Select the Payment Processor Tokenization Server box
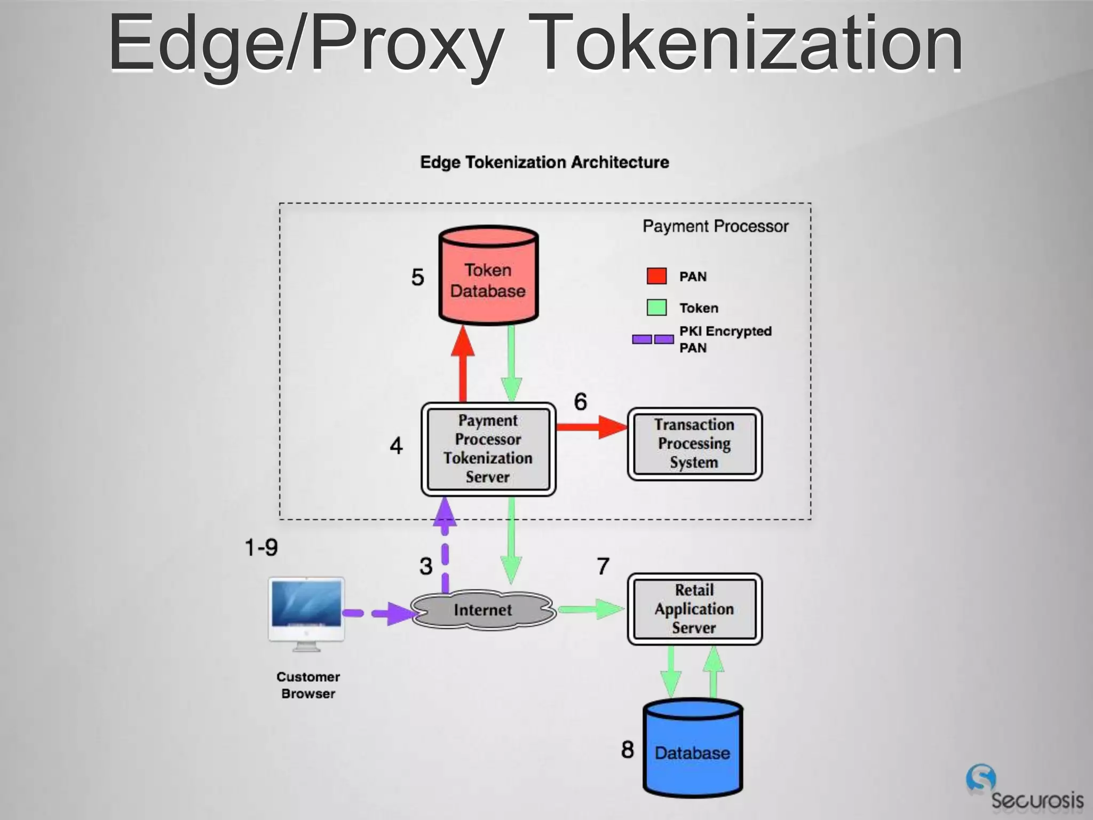click(x=488, y=449)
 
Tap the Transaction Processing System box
click(x=694, y=444)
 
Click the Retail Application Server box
click(x=694, y=609)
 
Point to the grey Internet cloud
click(x=483, y=610)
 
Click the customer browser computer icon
click(x=306, y=614)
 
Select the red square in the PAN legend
click(x=656, y=276)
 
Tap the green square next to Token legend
click(x=656, y=307)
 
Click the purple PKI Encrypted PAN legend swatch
click(x=653, y=340)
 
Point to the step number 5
click(x=417, y=277)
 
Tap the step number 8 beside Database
click(x=627, y=750)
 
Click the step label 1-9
click(x=261, y=548)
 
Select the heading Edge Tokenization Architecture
click(x=544, y=162)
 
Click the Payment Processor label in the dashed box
click(x=715, y=226)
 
